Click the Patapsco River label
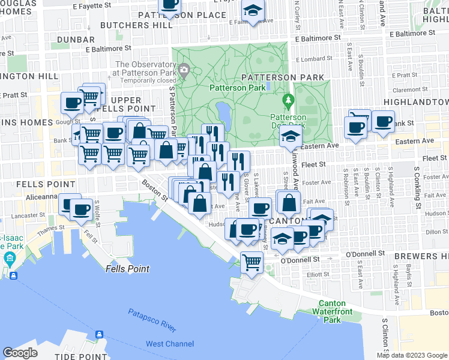point(152,320)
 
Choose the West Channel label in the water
point(170,344)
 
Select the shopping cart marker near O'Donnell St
point(252,262)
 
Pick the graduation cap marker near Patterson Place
point(253,11)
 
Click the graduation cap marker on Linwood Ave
point(291,136)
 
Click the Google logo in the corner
point(20,353)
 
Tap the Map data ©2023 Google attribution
point(412,355)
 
